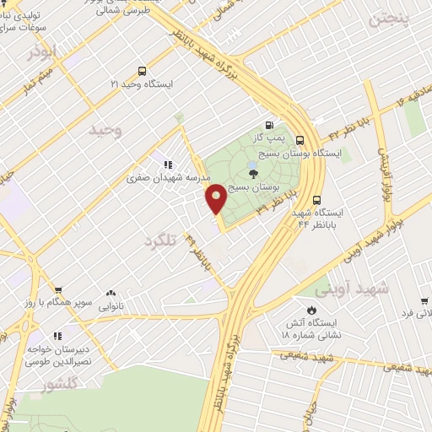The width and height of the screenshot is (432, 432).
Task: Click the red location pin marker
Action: pyautogui.click(x=216, y=199)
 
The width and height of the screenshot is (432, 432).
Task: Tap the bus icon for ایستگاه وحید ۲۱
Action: pyautogui.click(x=141, y=72)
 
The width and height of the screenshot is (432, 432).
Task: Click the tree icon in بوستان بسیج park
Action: pyautogui.click(x=254, y=175)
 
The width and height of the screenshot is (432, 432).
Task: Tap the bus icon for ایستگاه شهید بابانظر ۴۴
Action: pyautogui.click(x=316, y=200)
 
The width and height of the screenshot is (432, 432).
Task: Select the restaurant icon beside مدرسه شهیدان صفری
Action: pyautogui.click(x=168, y=164)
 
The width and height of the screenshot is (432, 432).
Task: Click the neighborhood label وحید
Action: pyautogui.click(x=106, y=131)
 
